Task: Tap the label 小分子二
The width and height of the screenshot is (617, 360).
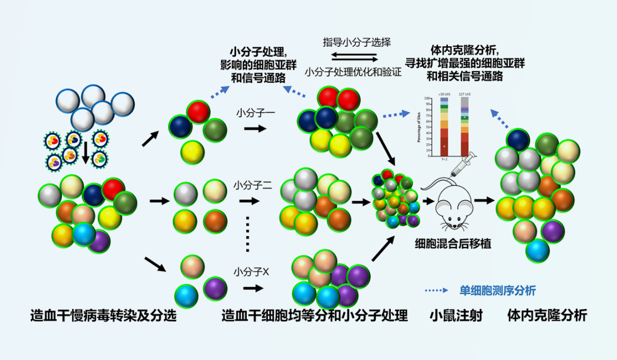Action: tap(252, 185)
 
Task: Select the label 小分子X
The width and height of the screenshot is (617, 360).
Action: tap(251, 271)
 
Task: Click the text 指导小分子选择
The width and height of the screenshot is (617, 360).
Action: tap(356, 42)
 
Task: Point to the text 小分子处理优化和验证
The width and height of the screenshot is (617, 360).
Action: tap(353, 73)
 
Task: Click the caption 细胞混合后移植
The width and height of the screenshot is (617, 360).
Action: tap(453, 244)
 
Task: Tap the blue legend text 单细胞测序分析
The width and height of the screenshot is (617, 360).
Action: tap(498, 290)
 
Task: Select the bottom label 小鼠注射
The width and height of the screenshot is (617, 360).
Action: tap(456, 315)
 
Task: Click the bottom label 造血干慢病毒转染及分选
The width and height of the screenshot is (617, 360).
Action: tap(103, 315)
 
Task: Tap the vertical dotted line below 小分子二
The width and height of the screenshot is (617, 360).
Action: tap(247, 234)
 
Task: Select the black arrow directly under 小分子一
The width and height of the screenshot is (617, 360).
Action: tap(255, 129)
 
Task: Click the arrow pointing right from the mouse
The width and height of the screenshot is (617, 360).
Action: tap(483, 201)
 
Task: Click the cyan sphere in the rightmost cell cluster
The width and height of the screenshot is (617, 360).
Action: tap(538, 250)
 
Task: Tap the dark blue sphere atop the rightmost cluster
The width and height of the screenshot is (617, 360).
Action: tap(517, 140)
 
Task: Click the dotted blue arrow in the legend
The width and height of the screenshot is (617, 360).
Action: tap(437, 290)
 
